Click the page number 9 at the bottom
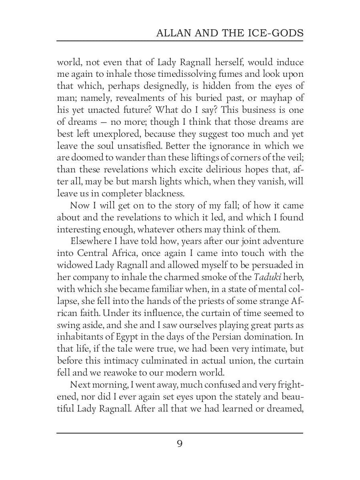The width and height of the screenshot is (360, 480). pos(180,444)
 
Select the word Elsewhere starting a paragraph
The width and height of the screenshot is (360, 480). pos(89,241)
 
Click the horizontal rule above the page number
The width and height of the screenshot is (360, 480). pos(180,433)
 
